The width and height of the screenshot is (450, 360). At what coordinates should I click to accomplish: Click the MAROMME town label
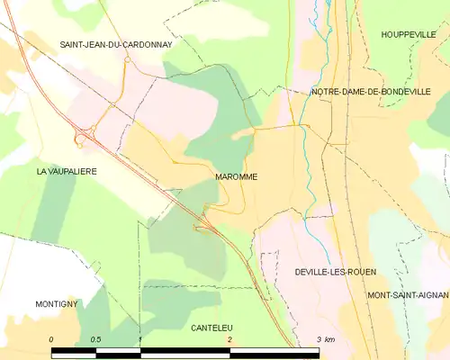237,177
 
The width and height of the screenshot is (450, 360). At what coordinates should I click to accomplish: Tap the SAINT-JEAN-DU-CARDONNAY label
115,44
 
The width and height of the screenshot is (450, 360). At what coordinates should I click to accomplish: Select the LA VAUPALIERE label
67,170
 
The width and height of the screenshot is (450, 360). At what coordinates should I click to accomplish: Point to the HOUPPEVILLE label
409,34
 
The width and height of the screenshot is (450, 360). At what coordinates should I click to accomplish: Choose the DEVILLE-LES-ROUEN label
335,271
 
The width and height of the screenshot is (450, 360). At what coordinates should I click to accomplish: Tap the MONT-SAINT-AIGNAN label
408,294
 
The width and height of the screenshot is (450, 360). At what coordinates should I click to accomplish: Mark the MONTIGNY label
58,304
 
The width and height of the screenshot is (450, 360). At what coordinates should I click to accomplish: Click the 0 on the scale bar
51,339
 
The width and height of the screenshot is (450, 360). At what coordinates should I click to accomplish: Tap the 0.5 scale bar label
95,339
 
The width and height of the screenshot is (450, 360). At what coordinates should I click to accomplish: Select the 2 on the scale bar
229,339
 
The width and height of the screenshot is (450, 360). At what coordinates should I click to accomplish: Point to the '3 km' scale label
326,339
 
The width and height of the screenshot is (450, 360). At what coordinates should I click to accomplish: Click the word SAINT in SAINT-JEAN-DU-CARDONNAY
75,44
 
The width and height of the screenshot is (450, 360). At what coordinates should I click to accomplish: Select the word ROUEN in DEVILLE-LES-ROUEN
361,271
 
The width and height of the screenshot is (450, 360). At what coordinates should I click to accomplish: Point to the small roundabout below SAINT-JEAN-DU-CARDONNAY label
128,60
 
